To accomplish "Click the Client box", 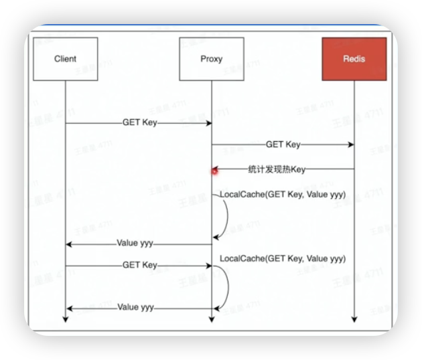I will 65,59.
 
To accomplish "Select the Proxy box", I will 211,59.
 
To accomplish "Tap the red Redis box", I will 354,59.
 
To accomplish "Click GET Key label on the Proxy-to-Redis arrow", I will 283,145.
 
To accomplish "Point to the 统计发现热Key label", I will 277,169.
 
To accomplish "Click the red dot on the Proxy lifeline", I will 215,171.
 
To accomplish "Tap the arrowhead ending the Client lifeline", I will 66,319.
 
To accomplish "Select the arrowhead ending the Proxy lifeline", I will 212,319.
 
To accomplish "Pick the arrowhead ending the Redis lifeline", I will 354,319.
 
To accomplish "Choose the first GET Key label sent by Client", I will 139,123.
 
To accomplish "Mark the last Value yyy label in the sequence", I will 136,308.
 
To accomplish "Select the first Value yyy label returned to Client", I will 136,244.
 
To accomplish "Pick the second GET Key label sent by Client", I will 139,266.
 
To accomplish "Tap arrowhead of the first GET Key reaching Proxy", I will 208,123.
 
